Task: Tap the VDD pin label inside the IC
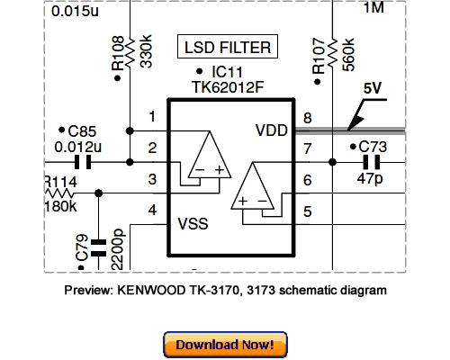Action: [x=271, y=130]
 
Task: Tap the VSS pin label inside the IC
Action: [x=192, y=222]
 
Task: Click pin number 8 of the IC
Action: [x=308, y=119]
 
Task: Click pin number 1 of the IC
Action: [x=152, y=116]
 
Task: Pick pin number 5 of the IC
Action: [x=308, y=211]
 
